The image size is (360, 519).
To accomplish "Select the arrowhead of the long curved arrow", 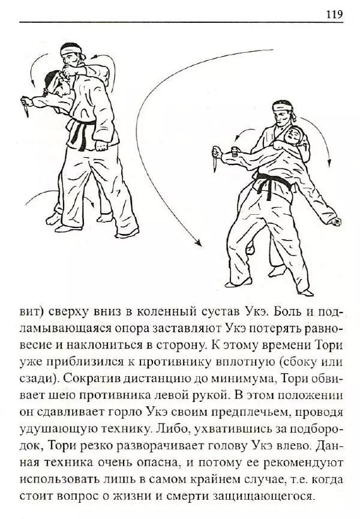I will (x=196, y=242).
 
